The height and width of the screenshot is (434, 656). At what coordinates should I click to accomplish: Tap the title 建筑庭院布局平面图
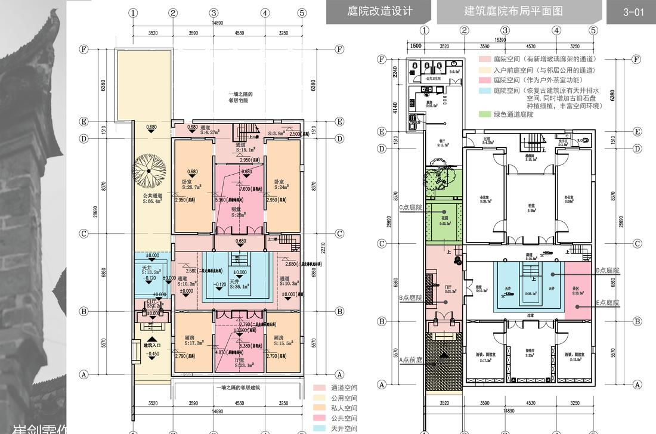click(513, 11)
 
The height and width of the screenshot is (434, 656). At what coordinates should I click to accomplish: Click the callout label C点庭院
click(410, 207)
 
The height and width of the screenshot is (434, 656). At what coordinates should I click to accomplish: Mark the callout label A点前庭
click(410, 359)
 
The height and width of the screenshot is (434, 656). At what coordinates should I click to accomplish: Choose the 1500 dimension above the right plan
click(415, 46)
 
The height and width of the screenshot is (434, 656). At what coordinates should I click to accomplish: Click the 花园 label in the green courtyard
click(444, 219)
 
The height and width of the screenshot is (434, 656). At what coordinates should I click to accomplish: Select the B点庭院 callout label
click(410, 297)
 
